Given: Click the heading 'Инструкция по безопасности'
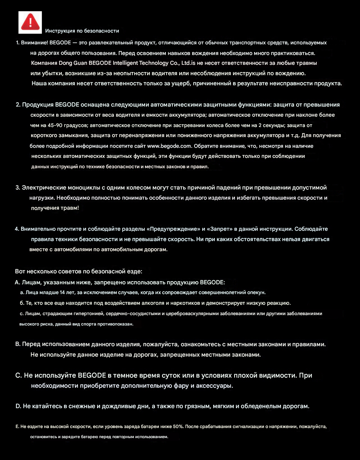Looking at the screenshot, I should [82, 31].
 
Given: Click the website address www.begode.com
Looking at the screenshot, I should [169, 146].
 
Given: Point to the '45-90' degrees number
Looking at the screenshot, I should [55, 125].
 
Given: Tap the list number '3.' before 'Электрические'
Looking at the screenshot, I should [18, 188].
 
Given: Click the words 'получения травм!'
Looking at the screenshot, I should [55, 208].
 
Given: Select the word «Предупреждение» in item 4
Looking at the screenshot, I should [173, 229].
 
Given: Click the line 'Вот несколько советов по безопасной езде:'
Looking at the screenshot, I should [79, 271].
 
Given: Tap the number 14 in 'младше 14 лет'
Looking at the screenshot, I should [62, 292].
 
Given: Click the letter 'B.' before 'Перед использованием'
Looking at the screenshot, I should [18, 344].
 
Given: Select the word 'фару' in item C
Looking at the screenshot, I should [181, 385].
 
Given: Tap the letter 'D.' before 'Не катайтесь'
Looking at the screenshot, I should [18, 406].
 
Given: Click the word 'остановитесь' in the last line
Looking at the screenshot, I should [43, 437].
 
